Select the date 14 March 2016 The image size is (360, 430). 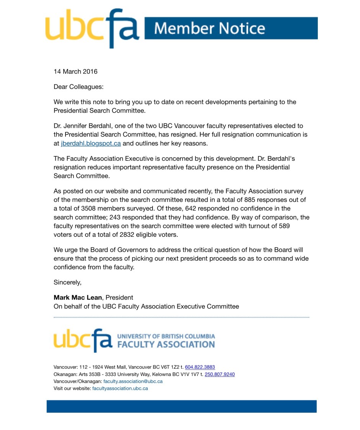click(x=75, y=72)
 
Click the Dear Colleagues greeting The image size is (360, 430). click(x=79, y=87)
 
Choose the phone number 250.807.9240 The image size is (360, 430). click(x=219, y=375)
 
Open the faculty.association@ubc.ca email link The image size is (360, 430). click(x=133, y=381)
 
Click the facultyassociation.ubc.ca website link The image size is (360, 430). click(x=120, y=388)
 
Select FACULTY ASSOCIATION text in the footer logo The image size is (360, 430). click(x=165, y=344)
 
